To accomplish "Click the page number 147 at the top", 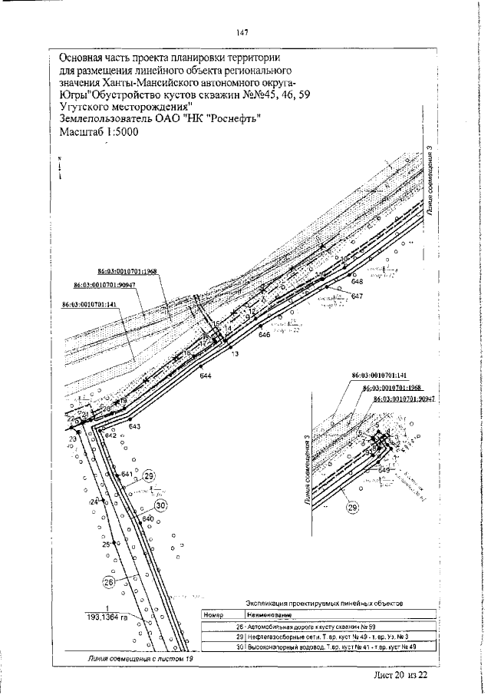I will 242,31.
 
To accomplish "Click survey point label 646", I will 265,336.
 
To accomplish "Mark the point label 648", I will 357,283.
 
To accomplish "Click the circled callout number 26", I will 108,582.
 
